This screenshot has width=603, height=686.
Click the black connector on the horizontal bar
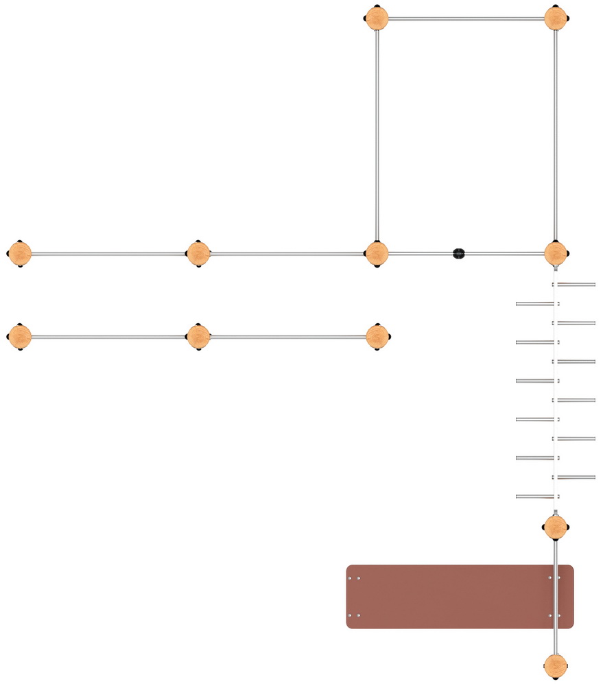click(x=459, y=253)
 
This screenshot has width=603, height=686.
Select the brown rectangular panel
click(x=459, y=596)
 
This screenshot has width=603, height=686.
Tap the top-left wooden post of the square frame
click(x=377, y=19)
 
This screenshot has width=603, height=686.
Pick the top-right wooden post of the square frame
click(x=556, y=19)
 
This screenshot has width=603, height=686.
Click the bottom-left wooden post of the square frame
click(x=377, y=253)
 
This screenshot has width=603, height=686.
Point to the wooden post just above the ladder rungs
click(x=556, y=253)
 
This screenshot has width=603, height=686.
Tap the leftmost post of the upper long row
click(x=20, y=254)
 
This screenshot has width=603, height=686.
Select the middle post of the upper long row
click(x=198, y=254)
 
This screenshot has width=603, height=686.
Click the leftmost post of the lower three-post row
click(x=20, y=337)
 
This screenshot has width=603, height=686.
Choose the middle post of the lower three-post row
click(x=198, y=337)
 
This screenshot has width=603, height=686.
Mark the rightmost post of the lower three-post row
click(x=377, y=337)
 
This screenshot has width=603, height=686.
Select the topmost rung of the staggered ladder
click(x=575, y=284)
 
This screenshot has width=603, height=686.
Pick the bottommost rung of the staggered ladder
click(x=536, y=496)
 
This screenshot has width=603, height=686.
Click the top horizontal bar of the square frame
click(x=466, y=19)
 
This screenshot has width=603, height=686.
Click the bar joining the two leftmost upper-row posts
click(x=109, y=254)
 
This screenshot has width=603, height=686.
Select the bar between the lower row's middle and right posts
click(x=287, y=337)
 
